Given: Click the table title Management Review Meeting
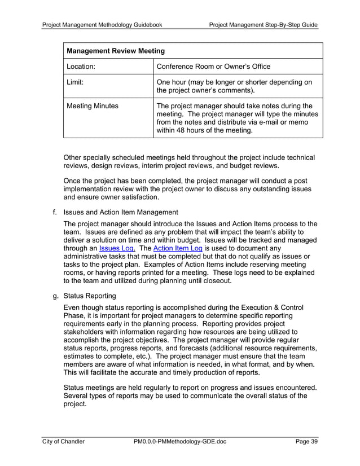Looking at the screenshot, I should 116,51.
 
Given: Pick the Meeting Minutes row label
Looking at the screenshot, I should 93,106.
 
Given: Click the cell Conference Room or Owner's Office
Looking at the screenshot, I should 213,67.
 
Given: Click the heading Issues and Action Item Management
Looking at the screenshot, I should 121,212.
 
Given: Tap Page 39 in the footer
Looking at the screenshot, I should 306,442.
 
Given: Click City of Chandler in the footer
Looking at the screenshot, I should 63,442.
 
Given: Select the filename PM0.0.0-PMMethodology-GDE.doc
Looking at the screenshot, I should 179,442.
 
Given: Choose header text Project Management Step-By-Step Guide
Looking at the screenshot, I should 263,25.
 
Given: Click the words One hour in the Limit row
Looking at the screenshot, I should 172,82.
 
